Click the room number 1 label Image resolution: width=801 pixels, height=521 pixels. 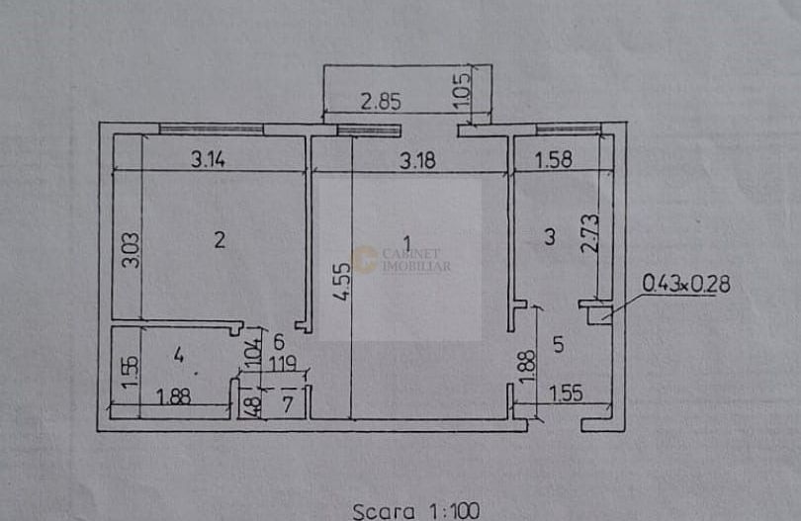[405, 241]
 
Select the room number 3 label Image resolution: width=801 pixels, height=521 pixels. [550, 236]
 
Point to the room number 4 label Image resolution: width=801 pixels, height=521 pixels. [178, 353]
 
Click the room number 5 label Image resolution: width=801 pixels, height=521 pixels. [559, 345]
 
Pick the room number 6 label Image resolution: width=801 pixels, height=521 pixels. [279, 342]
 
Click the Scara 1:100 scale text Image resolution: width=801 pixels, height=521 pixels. [415, 511]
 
